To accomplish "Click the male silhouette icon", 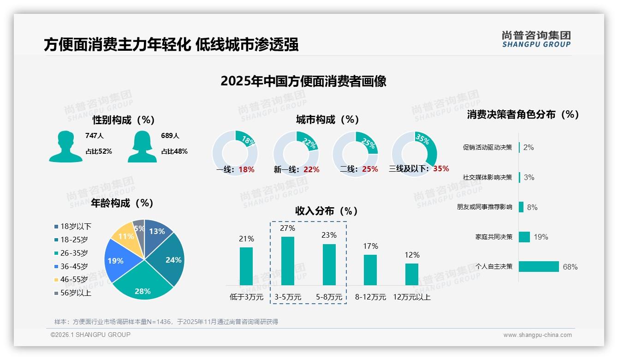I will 65,147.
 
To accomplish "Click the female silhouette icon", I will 142,147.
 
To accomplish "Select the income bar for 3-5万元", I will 288,261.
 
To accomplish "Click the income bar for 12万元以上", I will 412,274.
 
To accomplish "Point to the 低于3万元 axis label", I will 246,297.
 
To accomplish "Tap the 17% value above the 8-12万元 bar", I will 370,246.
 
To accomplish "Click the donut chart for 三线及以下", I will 414,154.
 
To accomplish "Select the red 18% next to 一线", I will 246,169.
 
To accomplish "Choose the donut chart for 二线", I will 355,154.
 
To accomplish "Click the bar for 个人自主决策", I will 539,266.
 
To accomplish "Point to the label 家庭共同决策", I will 493,237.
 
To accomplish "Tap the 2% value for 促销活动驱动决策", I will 529,147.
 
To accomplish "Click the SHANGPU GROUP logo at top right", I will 536,39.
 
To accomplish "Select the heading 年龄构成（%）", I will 122,203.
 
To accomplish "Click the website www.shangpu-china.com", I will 537,335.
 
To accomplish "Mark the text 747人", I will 95,136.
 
